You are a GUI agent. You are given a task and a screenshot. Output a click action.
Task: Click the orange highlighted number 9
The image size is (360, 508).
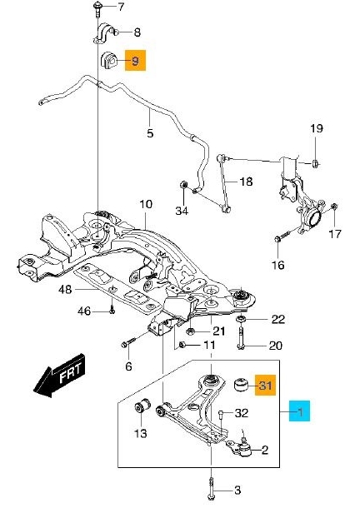pyautogui.click(x=136, y=60)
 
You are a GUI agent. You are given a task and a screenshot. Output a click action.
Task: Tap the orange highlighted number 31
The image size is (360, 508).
pyautogui.click(x=265, y=386)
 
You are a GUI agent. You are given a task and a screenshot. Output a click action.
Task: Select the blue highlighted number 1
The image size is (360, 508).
pyautogui.click(x=300, y=411)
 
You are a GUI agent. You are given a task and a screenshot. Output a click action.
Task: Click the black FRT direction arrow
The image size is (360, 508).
pyautogui.click(x=60, y=376)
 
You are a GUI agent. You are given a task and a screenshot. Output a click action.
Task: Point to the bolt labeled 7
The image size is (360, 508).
pyautogui.click(x=97, y=8)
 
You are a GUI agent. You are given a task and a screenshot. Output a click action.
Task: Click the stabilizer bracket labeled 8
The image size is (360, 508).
pyautogui.click(x=104, y=32)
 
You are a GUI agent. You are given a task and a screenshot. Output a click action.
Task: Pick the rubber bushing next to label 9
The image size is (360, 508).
pyautogui.click(x=109, y=60)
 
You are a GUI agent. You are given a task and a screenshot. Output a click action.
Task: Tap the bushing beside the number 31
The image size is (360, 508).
pyautogui.click(x=242, y=384)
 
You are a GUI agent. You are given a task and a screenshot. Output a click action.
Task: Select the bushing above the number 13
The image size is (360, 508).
pyautogui.click(x=142, y=406)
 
